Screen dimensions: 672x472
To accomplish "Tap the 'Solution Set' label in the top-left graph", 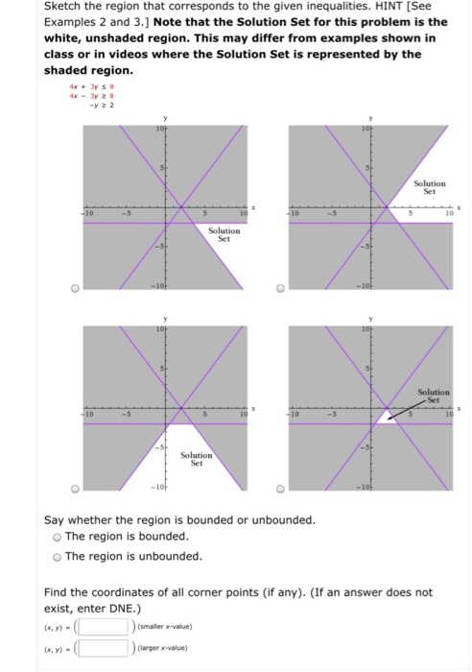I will click(x=224, y=234).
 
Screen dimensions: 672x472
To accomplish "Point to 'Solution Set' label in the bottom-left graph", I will click(x=196, y=459).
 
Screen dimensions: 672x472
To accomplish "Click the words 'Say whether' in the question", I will click(x=78, y=519).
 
